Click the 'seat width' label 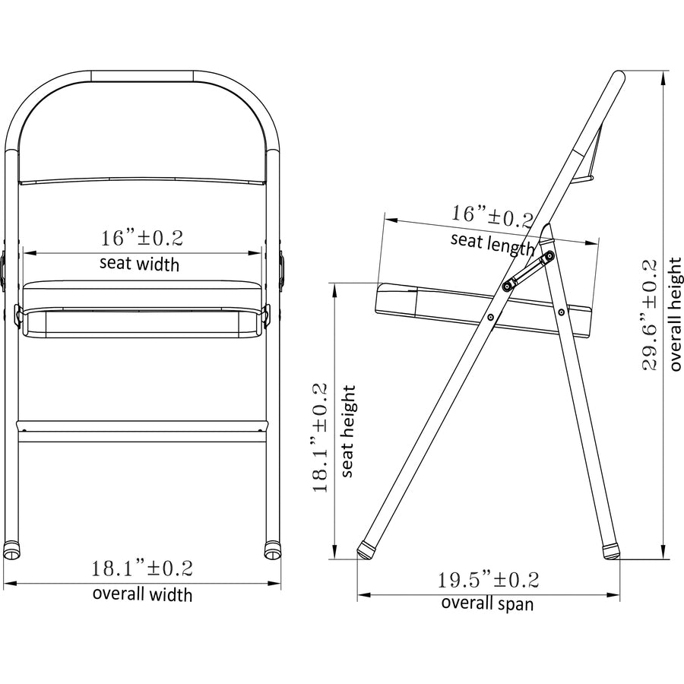(x=140, y=264)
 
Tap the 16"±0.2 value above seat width (x=142, y=238)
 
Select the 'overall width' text (x=142, y=594)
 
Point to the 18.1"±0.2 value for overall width (x=142, y=568)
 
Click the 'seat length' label (x=493, y=242)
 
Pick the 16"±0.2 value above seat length (x=492, y=216)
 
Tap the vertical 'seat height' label (x=347, y=431)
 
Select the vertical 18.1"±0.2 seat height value (x=320, y=437)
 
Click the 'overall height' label (x=675, y=314)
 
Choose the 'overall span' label (x=487, y=603)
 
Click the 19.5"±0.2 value (x=487, y=581)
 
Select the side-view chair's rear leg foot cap (x=610, y=550)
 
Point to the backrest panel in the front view (x=142, y=129)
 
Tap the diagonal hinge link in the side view (x=527, y=271)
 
